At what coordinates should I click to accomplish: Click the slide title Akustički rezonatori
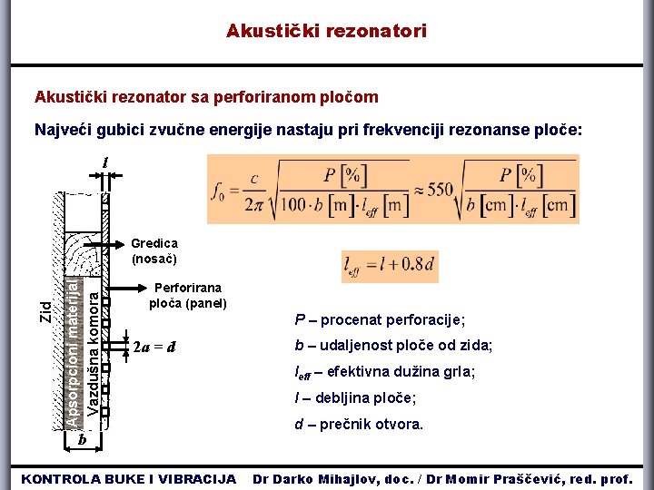click(x=326, y=32)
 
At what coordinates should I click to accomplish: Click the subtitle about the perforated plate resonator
click(x=206, y=97)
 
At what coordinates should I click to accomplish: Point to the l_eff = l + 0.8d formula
click(x=390, y=266)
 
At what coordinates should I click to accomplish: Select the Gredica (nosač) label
click(x=154, y=250)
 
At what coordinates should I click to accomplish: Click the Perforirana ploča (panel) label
click(x=187, y=296)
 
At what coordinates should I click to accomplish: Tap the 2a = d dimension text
click(x=154, y=347)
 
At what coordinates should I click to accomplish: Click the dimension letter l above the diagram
click(x=106, y=162)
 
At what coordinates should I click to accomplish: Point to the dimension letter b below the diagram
click(x=82, y=440)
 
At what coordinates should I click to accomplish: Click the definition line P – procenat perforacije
click(x=380, y=319)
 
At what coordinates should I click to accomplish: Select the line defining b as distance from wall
click(x=393, y=346)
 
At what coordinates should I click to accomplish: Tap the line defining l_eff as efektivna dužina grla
click(x=385, y=372)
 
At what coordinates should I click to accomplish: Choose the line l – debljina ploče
click(x=355, y=398)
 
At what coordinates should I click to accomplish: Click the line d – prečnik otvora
click(x=359, y=425)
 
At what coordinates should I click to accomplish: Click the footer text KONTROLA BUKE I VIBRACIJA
click(x=128, y=478)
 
